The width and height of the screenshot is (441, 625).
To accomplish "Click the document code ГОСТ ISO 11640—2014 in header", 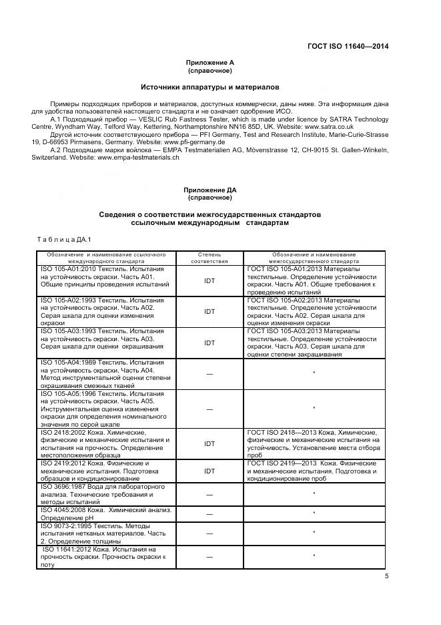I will point(347,46).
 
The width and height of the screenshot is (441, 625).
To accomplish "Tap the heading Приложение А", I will point(209,62).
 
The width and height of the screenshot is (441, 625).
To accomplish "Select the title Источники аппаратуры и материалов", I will point(209,87).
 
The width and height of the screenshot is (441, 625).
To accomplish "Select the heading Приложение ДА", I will point(209,190).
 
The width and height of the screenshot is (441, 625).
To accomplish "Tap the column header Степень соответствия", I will point(209,258).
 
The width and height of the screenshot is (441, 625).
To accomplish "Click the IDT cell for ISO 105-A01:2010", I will point(209,280).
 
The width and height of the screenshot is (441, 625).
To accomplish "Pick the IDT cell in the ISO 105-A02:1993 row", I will point(209,311).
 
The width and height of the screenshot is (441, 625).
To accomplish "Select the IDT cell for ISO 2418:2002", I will point(209,443).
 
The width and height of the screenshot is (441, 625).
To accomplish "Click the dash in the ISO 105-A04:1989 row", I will point(209,373).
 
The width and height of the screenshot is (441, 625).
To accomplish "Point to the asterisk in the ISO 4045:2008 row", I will point(314,513).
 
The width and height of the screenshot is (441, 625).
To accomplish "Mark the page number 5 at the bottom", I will point(386,576).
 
